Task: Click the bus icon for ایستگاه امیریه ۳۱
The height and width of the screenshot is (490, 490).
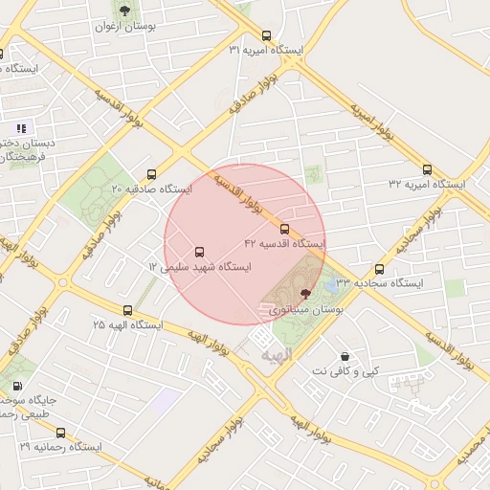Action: click(x=266, y=34)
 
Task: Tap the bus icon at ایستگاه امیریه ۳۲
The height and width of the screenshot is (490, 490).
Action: click(x=428, y=169)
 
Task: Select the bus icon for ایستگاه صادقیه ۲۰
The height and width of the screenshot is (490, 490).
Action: click(x=151, y=175)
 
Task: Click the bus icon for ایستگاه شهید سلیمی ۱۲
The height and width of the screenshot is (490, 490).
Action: click(x=199, y=253)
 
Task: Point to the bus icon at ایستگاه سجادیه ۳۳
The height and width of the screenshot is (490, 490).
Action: click(x=380, y=270)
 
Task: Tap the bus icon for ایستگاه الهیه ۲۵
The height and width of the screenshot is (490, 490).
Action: click(x=128, y=311)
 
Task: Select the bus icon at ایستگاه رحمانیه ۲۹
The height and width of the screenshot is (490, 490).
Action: click(x=61, y=434)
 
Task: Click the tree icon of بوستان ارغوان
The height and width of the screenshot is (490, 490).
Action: click(x=124, y=11)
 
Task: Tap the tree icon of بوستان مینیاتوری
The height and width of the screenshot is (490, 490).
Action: click(x=305, y=294)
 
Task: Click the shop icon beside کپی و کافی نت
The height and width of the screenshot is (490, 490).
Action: click(x=344, y=357)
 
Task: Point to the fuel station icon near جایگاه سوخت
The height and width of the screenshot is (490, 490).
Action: click(x=17, y=388)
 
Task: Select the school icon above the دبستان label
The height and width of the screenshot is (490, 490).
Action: click(x=21, y=127)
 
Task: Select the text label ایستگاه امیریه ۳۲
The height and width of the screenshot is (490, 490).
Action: click(x=427, y=184)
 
